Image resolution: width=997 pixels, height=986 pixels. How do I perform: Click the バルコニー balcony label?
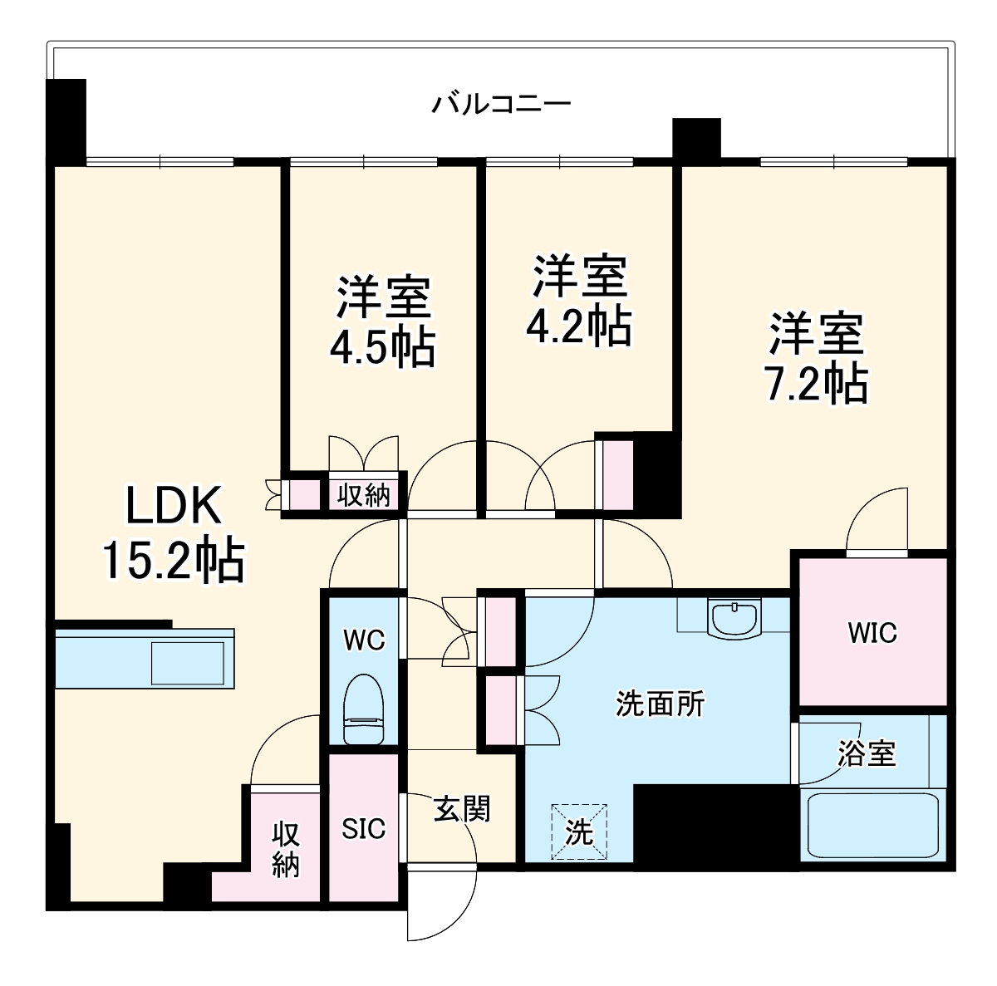501,105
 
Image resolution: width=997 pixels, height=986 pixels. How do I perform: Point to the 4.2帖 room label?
579,300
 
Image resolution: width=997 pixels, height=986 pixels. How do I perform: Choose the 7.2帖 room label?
816,357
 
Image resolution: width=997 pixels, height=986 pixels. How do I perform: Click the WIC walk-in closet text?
872,633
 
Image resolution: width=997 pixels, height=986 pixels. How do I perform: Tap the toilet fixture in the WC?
364,709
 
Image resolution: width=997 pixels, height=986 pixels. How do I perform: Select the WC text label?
364,640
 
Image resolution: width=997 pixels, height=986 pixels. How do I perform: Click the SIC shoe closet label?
364,828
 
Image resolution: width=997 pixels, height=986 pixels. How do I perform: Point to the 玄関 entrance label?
462,807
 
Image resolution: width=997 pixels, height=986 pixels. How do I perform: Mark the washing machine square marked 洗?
579,831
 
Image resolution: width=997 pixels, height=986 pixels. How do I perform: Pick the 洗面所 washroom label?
660,704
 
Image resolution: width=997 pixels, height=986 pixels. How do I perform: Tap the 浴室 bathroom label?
866,753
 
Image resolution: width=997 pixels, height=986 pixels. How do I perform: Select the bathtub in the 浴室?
872,827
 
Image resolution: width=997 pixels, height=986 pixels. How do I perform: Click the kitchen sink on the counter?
187,662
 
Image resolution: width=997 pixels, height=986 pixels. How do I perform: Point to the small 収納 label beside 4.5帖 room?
363,496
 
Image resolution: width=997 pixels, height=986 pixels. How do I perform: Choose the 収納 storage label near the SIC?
286,849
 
